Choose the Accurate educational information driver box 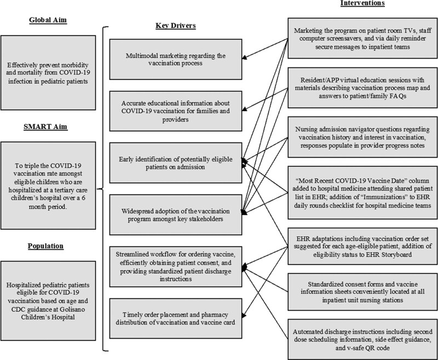[x=172, y=109]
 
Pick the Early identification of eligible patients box [x=172, y=162]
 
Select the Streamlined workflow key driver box [x=172, y=268]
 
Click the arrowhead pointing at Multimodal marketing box [x=245, y=57]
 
